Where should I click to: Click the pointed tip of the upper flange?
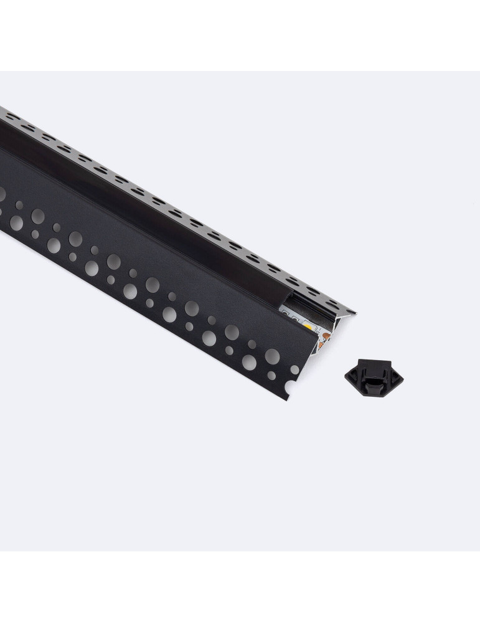coord(354,311)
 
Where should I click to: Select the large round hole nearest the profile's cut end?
coord(272,356)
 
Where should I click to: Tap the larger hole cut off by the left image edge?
coord(2,195)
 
